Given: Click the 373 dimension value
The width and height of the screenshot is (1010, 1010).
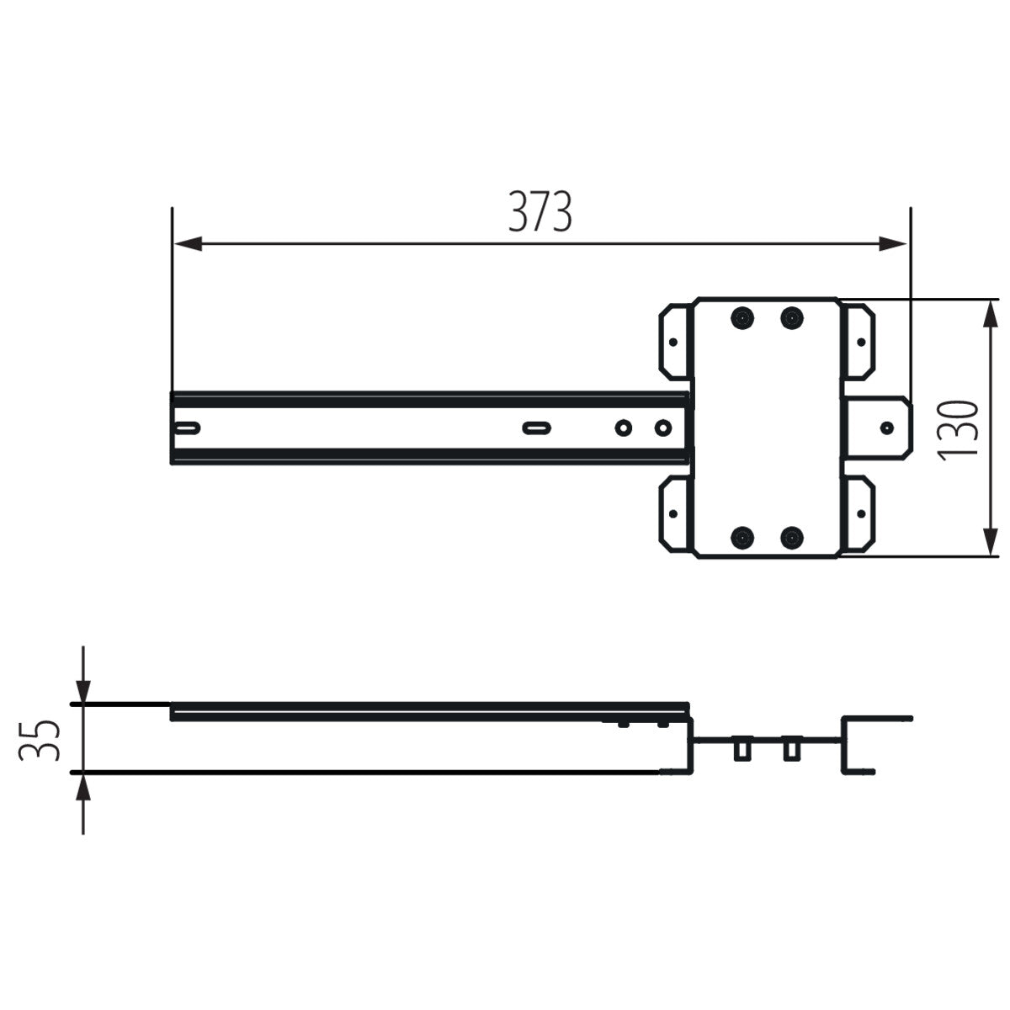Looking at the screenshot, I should coord(540,212).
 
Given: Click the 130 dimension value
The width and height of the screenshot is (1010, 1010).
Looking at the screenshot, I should coord(959,429).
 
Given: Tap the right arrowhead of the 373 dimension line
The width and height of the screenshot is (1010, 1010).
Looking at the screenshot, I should coord(893,244).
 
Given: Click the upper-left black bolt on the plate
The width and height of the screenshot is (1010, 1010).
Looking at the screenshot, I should coord(742,318).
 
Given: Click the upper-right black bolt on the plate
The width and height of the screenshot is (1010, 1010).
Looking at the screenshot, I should coord(791,318).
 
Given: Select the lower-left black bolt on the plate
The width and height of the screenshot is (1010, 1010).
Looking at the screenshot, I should coord(742,536).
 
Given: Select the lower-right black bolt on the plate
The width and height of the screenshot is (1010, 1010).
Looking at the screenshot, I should coord(791,536).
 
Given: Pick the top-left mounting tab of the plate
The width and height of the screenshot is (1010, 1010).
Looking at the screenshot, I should coord(674,340).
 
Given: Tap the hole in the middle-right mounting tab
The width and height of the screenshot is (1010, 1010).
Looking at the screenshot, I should coord(886,428).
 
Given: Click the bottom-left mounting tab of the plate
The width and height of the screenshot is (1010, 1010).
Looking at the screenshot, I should coord(674,513).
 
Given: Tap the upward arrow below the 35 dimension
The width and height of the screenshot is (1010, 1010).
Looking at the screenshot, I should coord(82,788).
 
